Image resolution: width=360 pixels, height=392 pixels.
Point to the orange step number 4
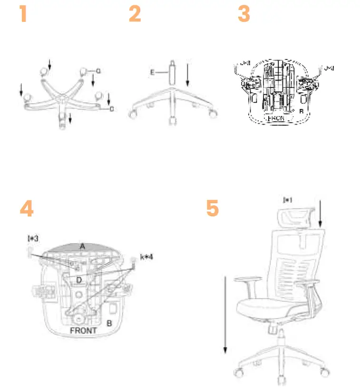(x=27, y=209)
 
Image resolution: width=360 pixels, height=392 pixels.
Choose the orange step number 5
(x=213, y=209)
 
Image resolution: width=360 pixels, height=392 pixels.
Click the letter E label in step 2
(x=153, y=72)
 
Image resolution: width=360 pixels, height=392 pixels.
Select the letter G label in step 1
(x=98, y=71)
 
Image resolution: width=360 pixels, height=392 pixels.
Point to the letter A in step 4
(x=82, y=246)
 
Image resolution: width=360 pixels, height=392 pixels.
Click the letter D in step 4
(x=79, y=280)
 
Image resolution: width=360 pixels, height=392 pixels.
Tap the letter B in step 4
(x=109, y=323)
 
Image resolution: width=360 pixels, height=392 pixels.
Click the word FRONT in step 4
(x=83, y=330)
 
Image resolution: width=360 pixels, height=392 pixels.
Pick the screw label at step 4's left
(x=33, y=237)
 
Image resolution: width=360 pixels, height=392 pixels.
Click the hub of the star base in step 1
(x=61, y=98)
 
